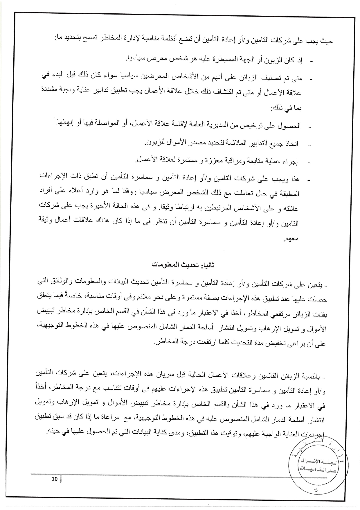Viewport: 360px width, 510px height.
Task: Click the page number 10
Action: [55, 479]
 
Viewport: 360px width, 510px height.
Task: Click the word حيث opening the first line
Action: [327, 41]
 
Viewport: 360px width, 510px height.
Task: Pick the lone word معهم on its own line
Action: [292, 239]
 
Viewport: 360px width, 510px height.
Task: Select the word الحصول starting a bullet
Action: [291, 126]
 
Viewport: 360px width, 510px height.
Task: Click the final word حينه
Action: [53, 431]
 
